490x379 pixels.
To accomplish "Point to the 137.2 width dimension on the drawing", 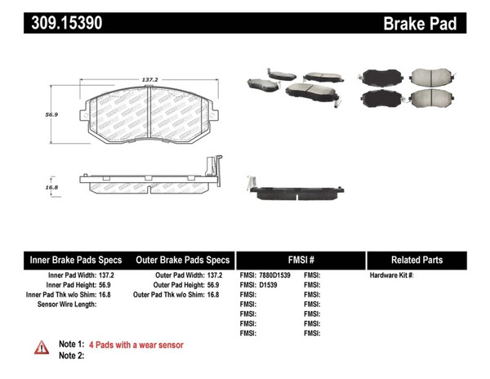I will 149,80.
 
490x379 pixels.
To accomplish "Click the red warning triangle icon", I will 41,348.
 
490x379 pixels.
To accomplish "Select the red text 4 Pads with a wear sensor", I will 136,345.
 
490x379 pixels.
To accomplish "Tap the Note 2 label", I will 71,355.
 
